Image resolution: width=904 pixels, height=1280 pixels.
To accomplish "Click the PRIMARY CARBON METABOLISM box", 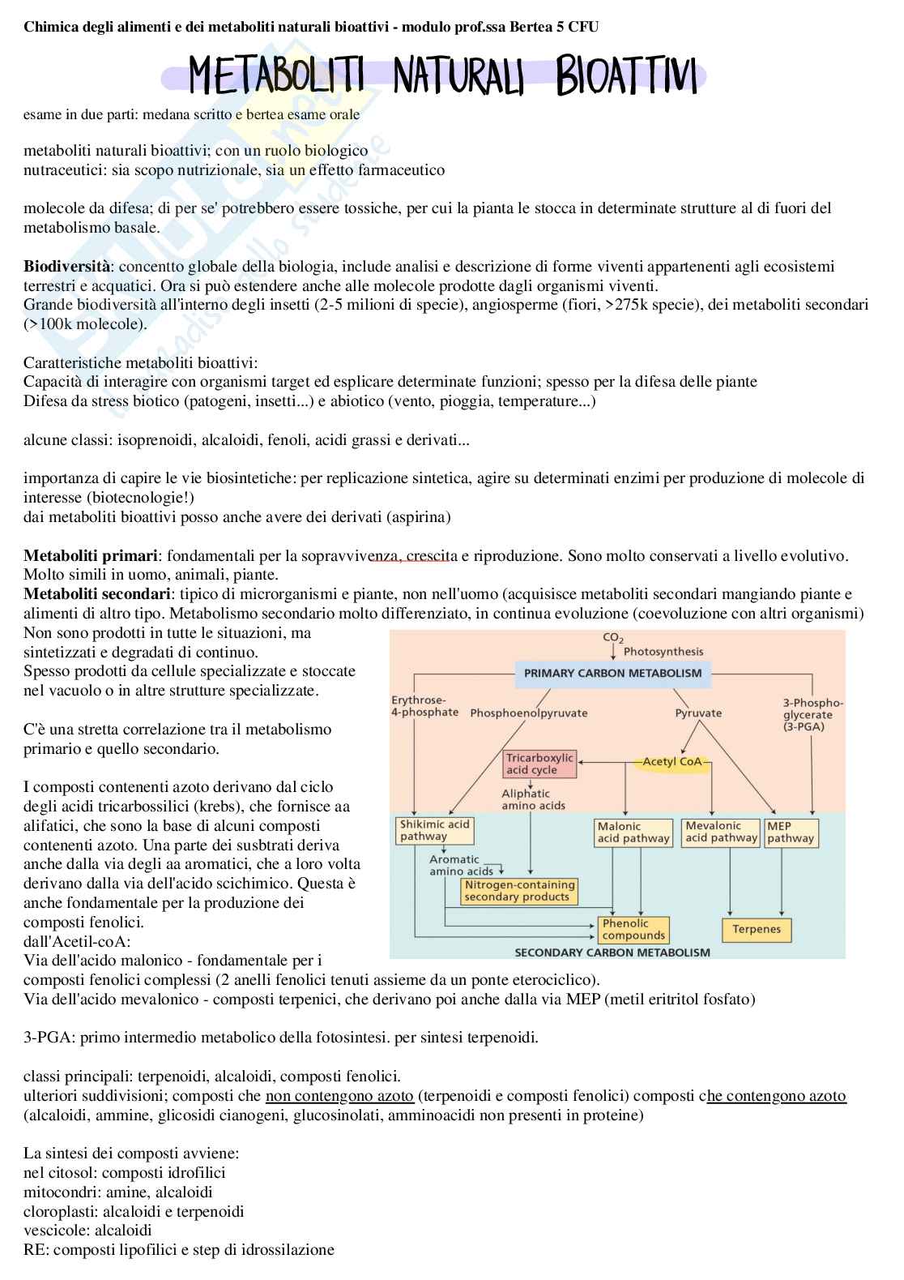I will click(x=612, y=673).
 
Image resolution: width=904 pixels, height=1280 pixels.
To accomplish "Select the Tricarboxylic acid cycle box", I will click(x=539, y=764).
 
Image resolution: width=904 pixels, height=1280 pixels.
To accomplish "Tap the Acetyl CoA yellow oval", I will click(x=672, y=762).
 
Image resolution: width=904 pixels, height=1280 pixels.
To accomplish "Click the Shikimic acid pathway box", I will click(x=435, y=830).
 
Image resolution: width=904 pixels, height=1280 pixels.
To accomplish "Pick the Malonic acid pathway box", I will click(x=633, y=833).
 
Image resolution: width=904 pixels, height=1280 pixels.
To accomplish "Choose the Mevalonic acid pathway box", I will click(x=721, y=832).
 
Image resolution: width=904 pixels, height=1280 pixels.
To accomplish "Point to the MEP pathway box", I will click(x=791, y=833).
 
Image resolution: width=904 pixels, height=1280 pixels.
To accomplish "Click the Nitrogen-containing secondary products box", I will click(x=519, y=891).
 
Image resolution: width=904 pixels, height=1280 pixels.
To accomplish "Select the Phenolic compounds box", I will click(x=634, y=929).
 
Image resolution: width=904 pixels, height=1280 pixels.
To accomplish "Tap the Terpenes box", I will click(x=757, y=930).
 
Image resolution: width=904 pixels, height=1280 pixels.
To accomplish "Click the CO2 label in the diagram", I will click(x=613, y=638).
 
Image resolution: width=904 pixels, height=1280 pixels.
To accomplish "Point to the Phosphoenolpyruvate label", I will click(x=529, y=713).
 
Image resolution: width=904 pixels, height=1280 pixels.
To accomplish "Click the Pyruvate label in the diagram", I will click(x=698, y=713).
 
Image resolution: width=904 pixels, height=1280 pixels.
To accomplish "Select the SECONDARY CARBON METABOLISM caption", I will click(x=612, y=953).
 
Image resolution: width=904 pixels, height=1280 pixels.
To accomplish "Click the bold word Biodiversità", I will click(x=66, y=267).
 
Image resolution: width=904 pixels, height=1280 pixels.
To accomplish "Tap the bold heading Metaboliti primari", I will click(x=91, y=556).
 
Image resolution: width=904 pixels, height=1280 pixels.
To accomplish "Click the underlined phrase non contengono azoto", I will click(x=339, y=1096).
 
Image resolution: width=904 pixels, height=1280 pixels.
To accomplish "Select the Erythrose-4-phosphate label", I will click(x=424, y=706).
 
